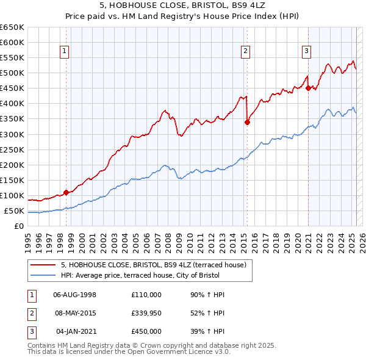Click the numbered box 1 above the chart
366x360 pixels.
point(64,52)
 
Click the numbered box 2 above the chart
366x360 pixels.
point(245,52)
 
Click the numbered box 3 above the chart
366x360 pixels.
point(306,52)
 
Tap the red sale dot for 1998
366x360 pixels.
point(66,192)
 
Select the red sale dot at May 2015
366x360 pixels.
point(247,122)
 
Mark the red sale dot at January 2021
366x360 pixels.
point(308,88)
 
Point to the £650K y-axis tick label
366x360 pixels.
point(12,27)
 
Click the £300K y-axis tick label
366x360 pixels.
point(12,134)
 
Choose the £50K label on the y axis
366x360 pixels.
point(14,211)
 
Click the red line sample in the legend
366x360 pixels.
point(43,265)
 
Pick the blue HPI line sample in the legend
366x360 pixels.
point(43,275)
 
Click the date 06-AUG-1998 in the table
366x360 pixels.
point(75,294)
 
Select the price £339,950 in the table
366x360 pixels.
point(146,313)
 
